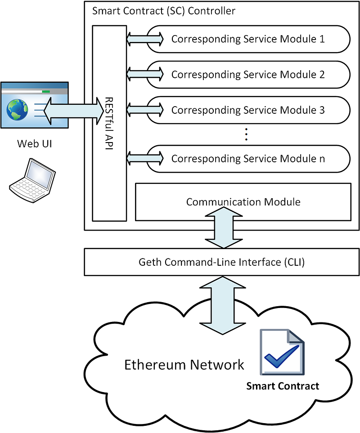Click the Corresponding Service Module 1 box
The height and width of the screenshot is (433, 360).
248,39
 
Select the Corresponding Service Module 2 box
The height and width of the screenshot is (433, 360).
248,75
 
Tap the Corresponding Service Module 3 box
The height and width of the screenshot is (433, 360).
248,110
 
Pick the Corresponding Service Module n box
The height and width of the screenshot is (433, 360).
248,159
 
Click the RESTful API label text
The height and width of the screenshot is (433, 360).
109,123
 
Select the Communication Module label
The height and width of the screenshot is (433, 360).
243,202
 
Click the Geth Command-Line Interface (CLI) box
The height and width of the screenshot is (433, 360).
221,262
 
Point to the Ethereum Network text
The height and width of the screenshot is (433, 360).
184,365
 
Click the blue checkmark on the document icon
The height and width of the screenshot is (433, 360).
281,356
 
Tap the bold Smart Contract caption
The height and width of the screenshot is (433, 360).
283,386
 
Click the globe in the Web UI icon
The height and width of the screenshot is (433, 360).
17,110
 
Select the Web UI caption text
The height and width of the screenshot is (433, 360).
35,143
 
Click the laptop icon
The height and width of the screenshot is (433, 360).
32,181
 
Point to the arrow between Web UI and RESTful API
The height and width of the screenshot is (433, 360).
74,111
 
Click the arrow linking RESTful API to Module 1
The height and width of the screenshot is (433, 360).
145,39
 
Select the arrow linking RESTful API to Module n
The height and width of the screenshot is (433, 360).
145,159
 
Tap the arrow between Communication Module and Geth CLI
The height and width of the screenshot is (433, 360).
224,228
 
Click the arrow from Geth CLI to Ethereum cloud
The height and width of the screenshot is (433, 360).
222,305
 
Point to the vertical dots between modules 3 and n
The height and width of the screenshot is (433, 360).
246,134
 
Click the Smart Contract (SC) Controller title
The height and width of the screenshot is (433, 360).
164,11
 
